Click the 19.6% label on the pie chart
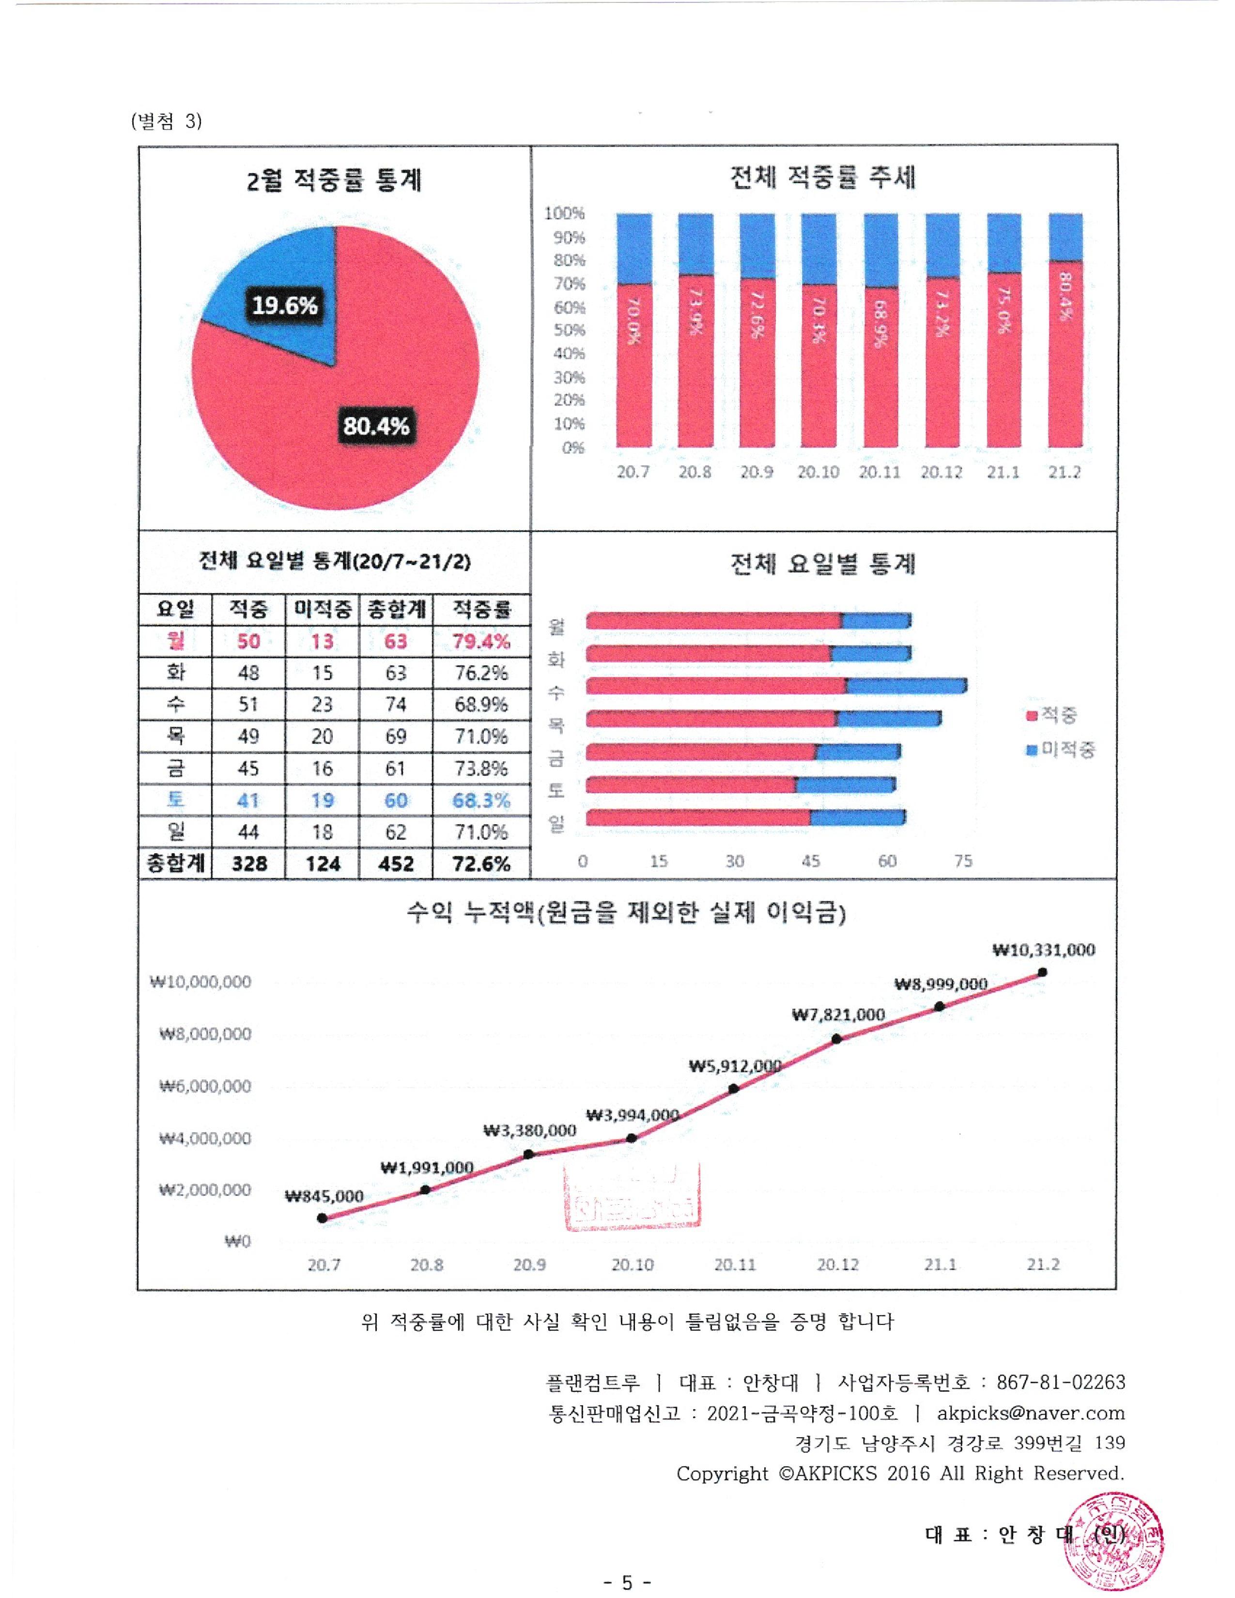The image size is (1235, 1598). (x=285, y=305)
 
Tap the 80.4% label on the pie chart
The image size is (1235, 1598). (x=376, y=425)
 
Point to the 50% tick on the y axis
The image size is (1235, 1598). (x=569, y=330)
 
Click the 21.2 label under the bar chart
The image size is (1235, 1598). (x=1064, y=472)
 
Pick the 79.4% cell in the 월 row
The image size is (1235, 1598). (x=481, y=642)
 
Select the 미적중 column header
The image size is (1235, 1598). (x=322, y=609)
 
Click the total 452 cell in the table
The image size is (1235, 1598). (x=396, y=864)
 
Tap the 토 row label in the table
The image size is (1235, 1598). (x=176, y=800)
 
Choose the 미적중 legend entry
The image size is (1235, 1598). (x=1060, y=749)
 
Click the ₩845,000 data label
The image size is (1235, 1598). (x=324, y=1196)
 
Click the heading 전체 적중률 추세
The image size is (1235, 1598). (x=823, y=177)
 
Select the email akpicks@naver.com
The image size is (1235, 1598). (x=1030, y=1413)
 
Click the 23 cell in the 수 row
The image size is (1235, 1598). (x=322, y=705)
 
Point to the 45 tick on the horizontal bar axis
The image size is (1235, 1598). (x=811, y=861)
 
